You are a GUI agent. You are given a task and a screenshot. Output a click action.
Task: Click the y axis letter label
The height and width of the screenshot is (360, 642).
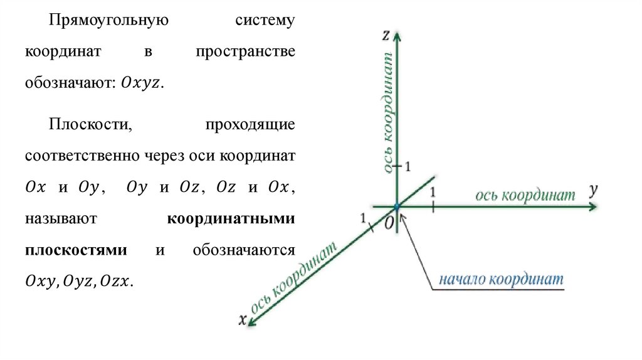(x=592, y=190)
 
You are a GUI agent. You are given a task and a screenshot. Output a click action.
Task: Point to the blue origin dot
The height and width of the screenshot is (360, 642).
(x=397, y=206)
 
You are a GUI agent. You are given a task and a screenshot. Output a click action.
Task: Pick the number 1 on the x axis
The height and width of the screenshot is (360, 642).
(x=362, y=218)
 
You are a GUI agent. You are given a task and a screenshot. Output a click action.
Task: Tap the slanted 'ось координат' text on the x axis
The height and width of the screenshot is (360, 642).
(x=295, y=277)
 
